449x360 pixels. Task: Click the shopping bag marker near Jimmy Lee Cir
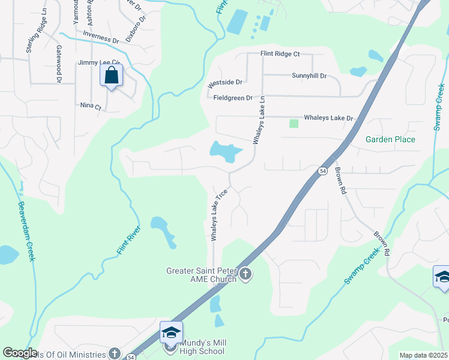click(111, 76)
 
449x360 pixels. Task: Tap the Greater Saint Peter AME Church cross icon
click(245, 275)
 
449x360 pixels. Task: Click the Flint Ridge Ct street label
click(280, 54)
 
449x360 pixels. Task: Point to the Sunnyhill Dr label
click(309, 76)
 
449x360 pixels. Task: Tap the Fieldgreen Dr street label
click(234, 97)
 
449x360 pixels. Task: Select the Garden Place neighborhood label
click(390, 139)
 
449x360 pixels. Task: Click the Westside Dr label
click(224, 82)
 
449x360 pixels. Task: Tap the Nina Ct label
click(91, 106)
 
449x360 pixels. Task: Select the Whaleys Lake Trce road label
click(218, 214)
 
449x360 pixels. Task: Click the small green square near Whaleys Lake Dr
click(294, 124)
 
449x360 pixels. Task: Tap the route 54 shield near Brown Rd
click(322, 170)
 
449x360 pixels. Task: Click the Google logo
click(20, 353)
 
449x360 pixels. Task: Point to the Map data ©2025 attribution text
click(423, 355)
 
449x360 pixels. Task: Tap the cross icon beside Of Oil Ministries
click(115, 353)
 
